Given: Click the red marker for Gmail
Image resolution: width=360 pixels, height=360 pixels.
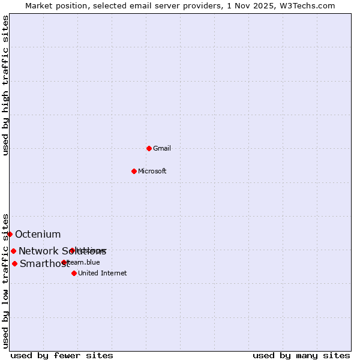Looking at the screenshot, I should [149, 148].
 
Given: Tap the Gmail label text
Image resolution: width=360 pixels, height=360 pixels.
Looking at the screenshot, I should [162, 148].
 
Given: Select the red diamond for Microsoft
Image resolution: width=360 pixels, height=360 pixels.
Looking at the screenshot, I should [134, 171].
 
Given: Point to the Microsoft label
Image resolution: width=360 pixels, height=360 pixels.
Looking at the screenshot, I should [152, 171].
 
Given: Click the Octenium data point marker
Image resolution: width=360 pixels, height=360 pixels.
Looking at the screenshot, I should [10, 234].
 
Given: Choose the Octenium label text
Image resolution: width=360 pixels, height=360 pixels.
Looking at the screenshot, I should [38, 234].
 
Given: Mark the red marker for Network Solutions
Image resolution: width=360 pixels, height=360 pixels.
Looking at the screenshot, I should [13, 251].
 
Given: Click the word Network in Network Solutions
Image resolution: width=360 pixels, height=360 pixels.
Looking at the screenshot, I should [38, 251].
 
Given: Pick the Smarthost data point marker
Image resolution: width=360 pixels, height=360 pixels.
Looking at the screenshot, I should [14, 263].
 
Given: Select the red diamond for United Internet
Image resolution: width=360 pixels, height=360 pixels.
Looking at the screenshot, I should [74, 273].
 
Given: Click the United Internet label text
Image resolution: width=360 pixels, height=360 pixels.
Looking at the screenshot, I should [103, 273].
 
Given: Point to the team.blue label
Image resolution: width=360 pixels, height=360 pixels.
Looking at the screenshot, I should [85, 262].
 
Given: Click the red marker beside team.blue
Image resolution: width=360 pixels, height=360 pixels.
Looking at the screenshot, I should [64, 262].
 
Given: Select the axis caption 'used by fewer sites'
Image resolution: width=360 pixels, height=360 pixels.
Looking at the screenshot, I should [62, 355].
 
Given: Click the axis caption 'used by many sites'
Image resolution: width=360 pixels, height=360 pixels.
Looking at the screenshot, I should [301, 355].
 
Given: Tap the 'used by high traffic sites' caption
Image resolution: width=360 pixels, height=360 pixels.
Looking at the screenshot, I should [5, 85].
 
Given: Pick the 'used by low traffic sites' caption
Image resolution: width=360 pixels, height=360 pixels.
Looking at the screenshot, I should [5, 280].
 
